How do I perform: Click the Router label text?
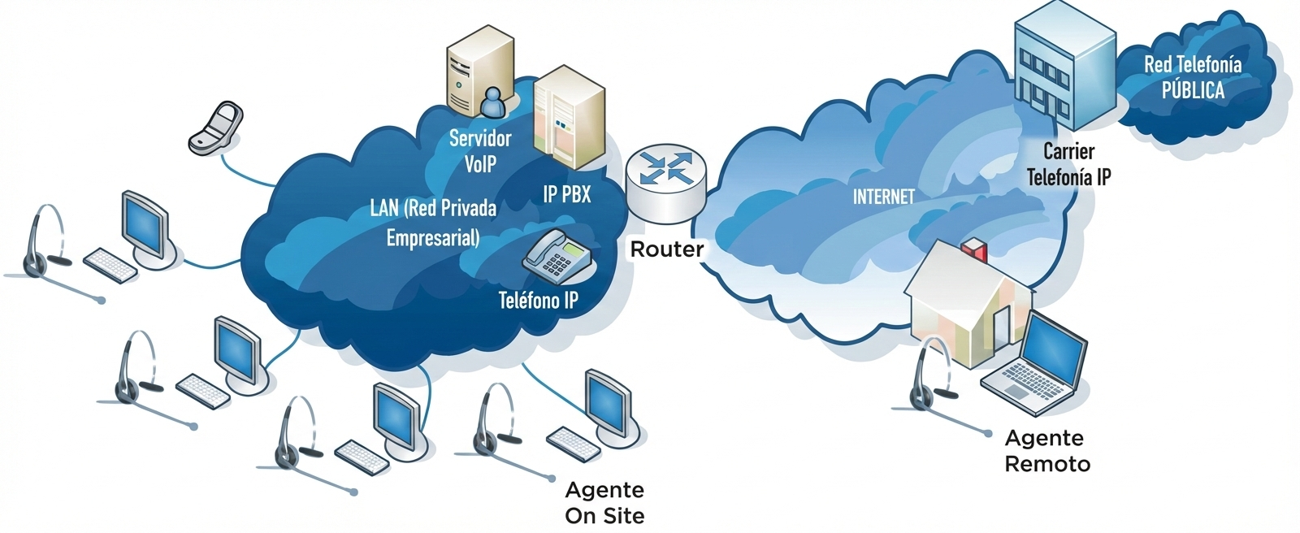666,249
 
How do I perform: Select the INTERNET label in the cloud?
883,197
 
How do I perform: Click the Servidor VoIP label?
480,150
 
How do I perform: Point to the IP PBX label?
566,194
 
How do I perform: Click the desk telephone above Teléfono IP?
557,254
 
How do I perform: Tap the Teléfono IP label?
538,301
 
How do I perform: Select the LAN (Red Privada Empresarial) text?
432,222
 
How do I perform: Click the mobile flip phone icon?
216,128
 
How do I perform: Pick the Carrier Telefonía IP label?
1068,164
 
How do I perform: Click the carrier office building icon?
1064,65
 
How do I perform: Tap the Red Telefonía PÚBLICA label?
1193,77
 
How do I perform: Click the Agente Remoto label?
1046,451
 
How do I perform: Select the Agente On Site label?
604,502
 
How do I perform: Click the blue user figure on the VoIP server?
492,102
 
